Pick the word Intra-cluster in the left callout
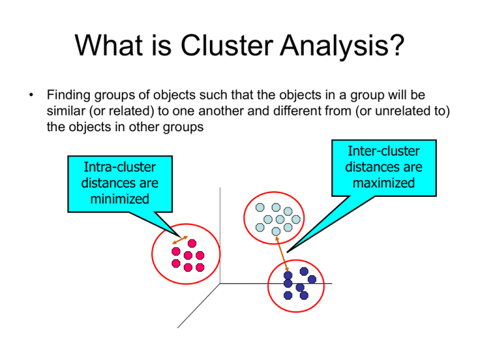[119, 168]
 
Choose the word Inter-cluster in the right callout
[383, 152]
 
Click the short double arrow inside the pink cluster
[180, 240]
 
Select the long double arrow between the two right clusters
[282, 252]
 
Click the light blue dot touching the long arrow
[276, 232]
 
